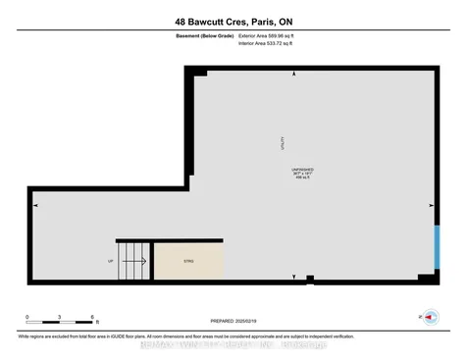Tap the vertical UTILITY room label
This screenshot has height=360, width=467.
point(283,144)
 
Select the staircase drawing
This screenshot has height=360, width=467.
point(133,260)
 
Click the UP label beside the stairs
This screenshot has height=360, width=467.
point(110,261)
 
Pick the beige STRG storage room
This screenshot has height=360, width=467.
point(188,260)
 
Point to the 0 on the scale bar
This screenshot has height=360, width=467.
point(27,317)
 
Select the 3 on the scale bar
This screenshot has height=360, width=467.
point(60,317)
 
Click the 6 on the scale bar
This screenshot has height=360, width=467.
point(92,317)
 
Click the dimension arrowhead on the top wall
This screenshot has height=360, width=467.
point(291,75)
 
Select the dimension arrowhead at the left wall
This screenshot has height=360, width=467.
point(36,205)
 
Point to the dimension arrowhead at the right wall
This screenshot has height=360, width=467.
point(432,205)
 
